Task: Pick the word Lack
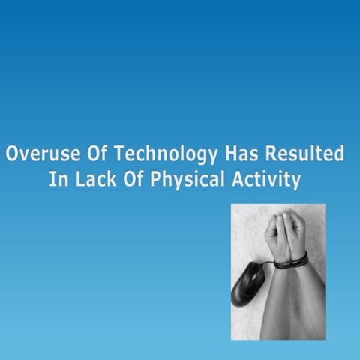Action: (x=94, y=181)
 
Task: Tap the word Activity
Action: (x=265, y=181)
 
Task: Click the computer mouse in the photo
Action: (x=248, y=286)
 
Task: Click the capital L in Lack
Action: (x=77, y=181)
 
